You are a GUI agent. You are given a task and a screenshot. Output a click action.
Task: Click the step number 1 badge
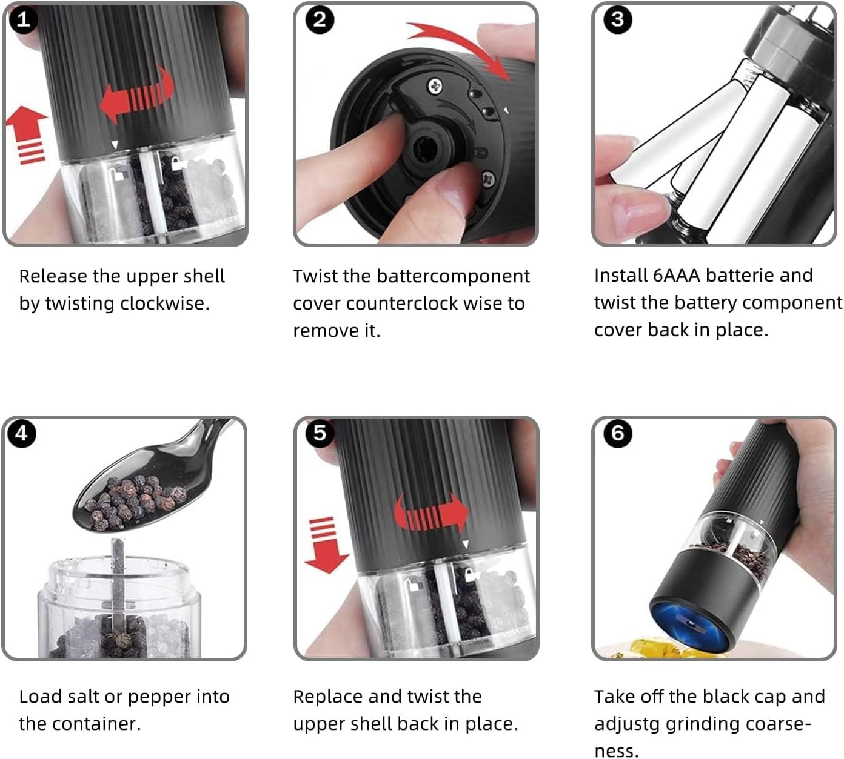[23, 19]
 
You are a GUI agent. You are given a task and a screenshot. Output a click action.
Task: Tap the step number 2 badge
[320, 20]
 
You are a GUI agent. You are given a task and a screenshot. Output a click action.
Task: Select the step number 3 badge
[617, 19]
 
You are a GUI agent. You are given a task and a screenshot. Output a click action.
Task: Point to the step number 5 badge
[320, 433]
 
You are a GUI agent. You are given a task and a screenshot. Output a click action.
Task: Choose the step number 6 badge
[617, 433]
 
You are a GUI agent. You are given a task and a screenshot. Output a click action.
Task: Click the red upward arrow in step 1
[27, 134]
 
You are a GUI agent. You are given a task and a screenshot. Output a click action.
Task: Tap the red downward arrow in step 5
[326, 545]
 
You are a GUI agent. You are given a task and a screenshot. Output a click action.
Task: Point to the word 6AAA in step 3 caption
[677, 276]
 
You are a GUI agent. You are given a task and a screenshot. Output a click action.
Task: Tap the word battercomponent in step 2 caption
[453, 277]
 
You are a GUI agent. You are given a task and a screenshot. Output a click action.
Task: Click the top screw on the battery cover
[435, 87]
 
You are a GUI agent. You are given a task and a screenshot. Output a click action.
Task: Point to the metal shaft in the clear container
[118, 589]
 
